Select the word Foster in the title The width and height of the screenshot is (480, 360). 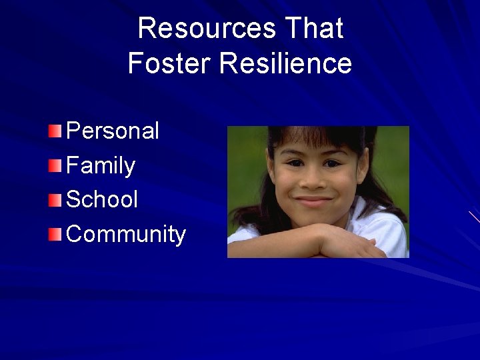pyautogui.click(x=169, y=64)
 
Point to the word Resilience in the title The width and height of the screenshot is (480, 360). pyautogui.click(x=285, y=64)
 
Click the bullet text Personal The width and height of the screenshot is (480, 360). pyautogui.click(x=113, y=131)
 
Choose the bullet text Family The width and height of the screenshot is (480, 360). pyautogui.click(x=101, y=165)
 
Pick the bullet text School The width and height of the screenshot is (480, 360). pyautogui.click(x=102, y=199)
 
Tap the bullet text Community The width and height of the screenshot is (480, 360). pyautogui.click(x=126, y=235)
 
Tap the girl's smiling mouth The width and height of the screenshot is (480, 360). pyautogui.click(x=313, y=201)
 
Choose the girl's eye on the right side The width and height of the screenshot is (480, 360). pyautogui.click(x=333, y=162)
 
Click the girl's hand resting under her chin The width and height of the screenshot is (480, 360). pyautogui.click(x=347, y=240)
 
